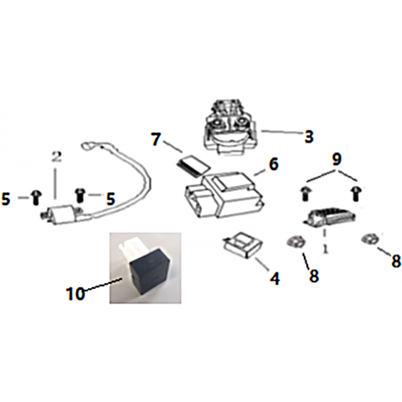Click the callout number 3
point(309,137)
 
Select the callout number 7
point(156,139)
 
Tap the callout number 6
point(274,164)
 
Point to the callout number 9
point(337,159)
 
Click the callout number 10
point(75,293)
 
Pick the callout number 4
point(275,278)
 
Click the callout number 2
point(56,157)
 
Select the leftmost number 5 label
point(6,199)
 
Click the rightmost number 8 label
point(396,261)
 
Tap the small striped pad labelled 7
point(193,167)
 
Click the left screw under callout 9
point(305,193)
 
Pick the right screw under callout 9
point(356,193)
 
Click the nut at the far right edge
point(369,239)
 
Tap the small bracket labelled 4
point(243,244)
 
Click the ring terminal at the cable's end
point(87,146)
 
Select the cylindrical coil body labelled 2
point(61,214)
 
